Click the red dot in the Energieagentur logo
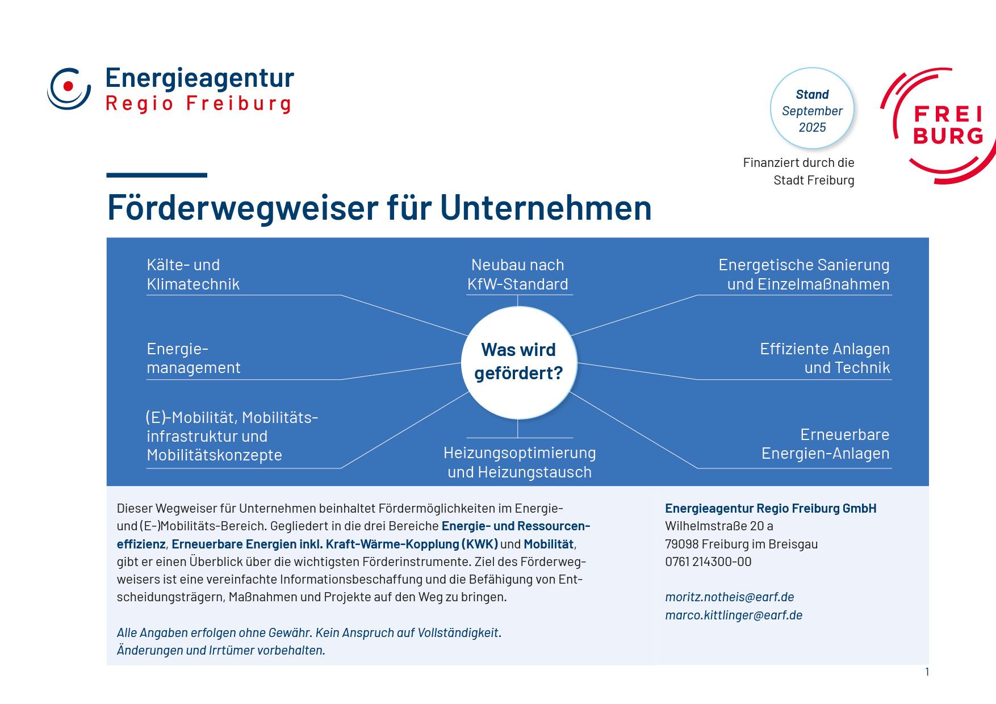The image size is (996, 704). (x=69, y=86)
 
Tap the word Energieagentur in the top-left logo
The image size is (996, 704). (x=200, y=78)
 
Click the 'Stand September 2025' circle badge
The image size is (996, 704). (x=812, y=108)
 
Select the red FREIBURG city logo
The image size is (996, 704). (x=938, y=126)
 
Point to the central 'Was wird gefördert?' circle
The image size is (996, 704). (x=518, y=362)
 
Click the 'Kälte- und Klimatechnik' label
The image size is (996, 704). (x=193, y=274)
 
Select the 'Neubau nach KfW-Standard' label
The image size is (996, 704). (x=518, y=274)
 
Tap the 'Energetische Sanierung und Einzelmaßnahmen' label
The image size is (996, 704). (x=804, y=274)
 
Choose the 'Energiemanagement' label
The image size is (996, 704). (x=194, y=358)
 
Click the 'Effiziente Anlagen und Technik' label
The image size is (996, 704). (x=825, y=358)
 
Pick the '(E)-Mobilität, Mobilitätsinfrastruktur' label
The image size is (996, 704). (x=232, y=436)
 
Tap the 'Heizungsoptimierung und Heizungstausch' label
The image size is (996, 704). (x=520, y=462)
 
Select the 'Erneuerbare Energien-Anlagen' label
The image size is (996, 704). (x=826, y=444)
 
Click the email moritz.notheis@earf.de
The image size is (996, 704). (x=730, y=597)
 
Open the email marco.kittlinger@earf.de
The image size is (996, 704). (x=734, y=615)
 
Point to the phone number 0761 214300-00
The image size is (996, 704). (x=708, y=562)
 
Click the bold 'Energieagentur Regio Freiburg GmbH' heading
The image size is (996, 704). (x=771, y=509)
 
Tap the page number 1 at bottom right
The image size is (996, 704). (x=927, y=672)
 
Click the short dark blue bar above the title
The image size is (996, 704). (x=157, y=175)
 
